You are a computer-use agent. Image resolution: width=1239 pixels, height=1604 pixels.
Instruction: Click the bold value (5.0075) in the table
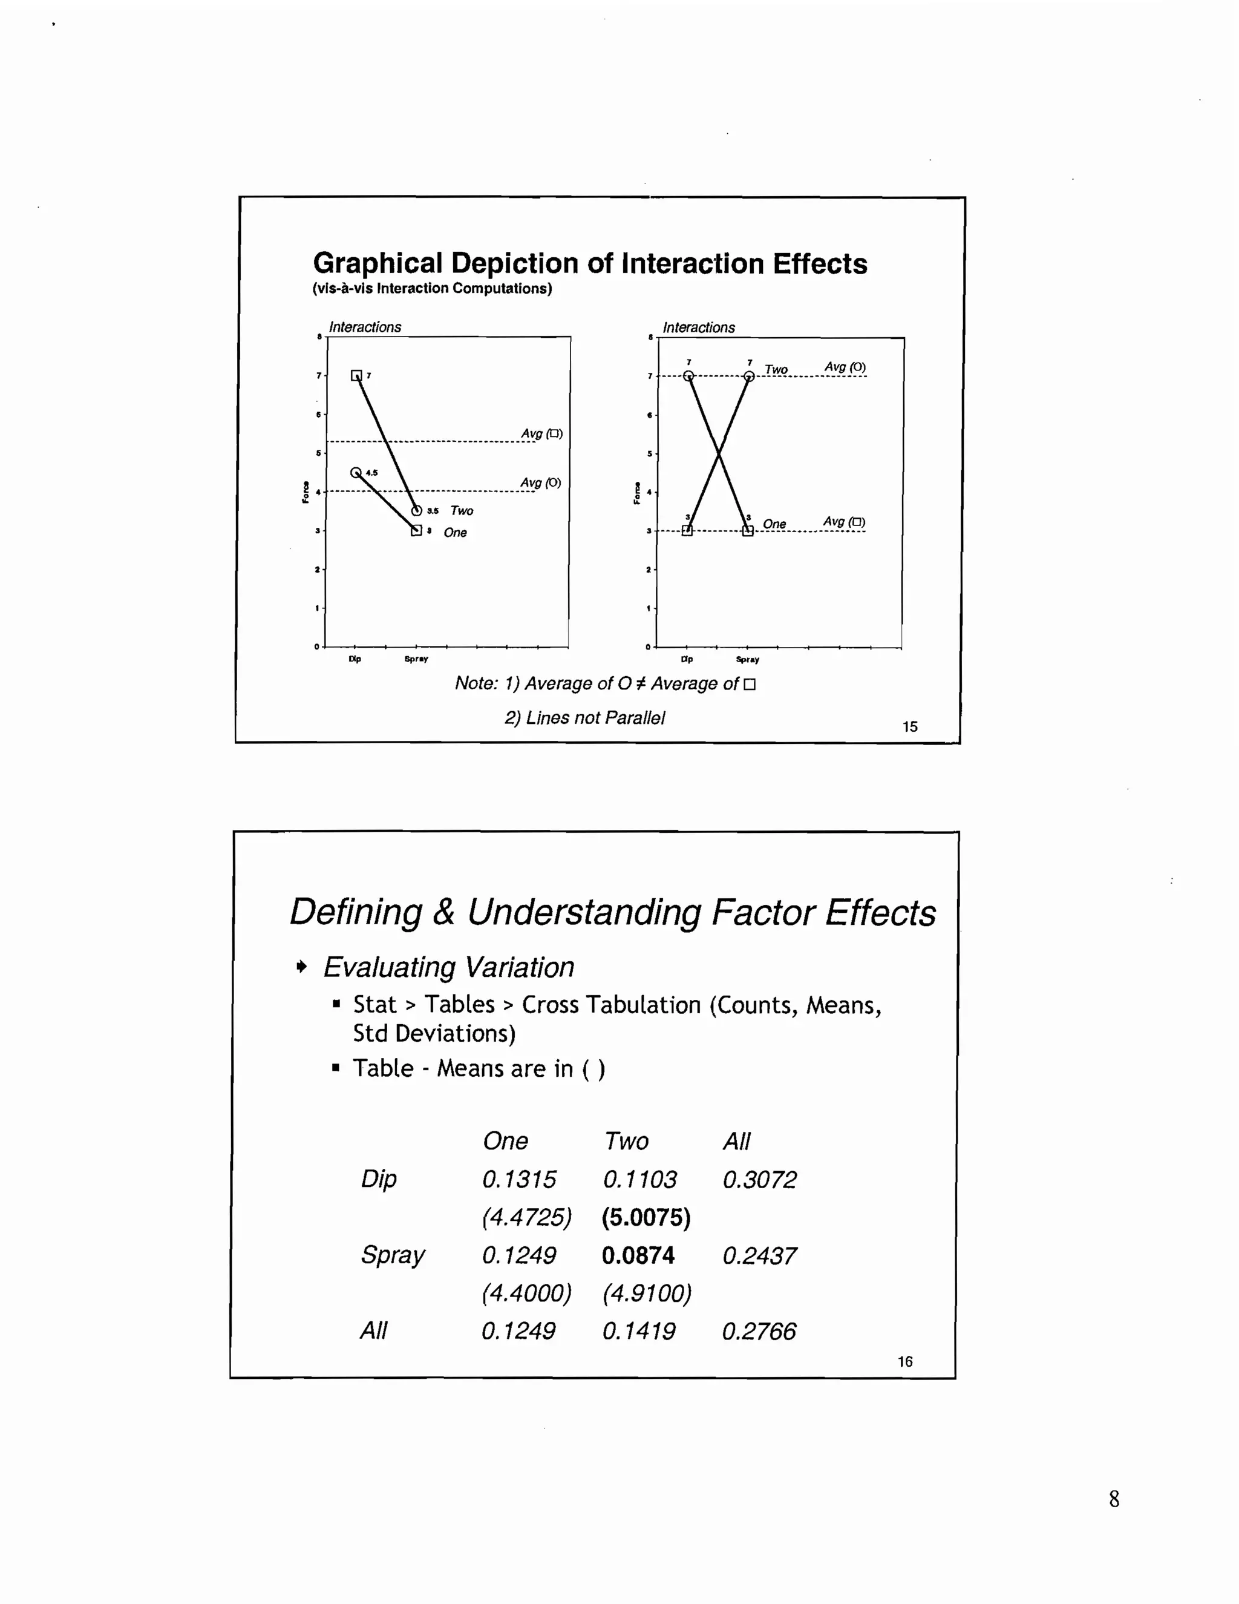(646, 1218)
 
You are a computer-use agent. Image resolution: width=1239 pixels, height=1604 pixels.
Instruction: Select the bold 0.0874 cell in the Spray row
(638, 1256)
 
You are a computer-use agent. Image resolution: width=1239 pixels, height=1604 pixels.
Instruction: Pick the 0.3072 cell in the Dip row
(759, 1180)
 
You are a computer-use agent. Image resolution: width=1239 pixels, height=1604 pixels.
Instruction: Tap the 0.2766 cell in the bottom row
(758, 1332)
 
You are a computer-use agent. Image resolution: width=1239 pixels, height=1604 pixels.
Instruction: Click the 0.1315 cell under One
(519, 1180)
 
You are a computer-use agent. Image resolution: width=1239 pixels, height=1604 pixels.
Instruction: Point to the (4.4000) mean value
(526, 1293)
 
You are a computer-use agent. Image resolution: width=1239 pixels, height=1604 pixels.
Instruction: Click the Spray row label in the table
(393, 1256)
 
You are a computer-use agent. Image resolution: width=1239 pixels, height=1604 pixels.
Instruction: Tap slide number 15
(910, 726)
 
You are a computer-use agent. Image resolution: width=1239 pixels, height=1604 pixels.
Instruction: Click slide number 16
(905, 1362)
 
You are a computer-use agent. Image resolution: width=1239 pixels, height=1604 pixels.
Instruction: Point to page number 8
(1114, 1499)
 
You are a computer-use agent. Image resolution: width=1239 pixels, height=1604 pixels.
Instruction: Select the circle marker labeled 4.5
(356, 472)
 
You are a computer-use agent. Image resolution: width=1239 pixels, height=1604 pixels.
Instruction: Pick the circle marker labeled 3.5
(416, 510)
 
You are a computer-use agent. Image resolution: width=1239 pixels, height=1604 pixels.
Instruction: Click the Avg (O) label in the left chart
(540, 482)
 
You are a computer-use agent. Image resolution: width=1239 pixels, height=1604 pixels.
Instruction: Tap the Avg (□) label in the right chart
(843, 521)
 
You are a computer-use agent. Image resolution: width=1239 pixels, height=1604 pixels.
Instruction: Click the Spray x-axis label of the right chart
(747, 660)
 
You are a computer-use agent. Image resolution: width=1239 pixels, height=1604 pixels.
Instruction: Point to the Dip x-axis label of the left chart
(355, 659)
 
